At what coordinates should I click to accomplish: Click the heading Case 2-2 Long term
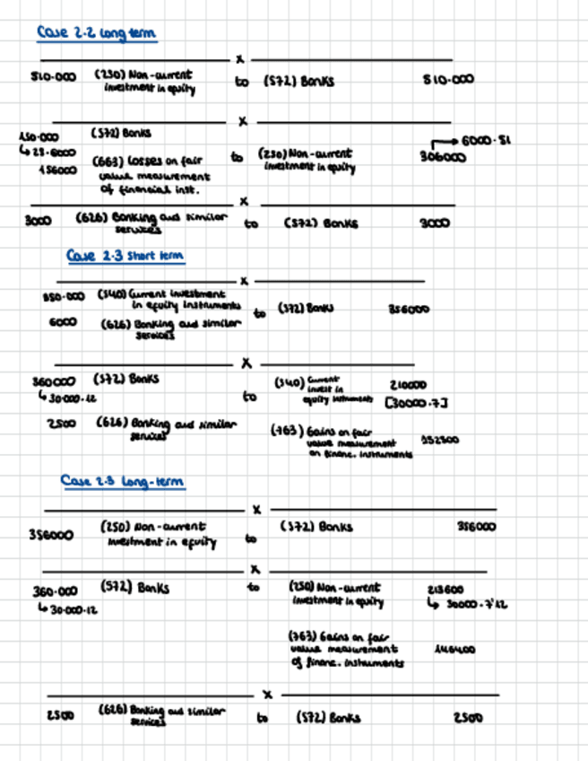[x=97, y=33]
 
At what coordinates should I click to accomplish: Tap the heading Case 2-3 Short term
[x=125, y=257]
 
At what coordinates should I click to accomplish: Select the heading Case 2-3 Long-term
[x=123, y=482]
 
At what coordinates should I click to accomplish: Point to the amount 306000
[x=443, y=156]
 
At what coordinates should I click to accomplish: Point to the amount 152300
[x=440, y=441]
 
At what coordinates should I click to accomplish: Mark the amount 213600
[x=446, y=590]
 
